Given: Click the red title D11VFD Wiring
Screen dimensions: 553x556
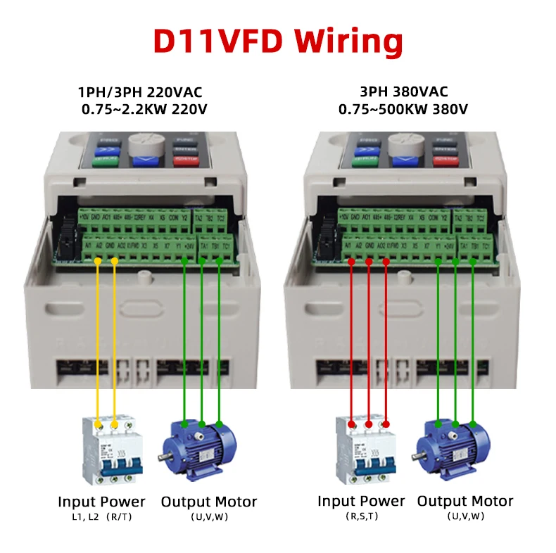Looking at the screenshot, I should (x=278, y=40).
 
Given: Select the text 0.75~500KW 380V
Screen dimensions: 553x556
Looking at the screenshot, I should (x=403, y=109).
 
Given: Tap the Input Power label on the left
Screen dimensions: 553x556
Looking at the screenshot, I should (x=101, y=502).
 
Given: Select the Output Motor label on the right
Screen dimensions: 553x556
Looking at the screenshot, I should (x=465, y=502).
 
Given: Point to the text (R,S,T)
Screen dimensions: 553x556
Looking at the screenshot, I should (x=361, y=517).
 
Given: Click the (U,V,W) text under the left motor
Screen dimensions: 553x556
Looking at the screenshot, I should (x=209, y=517).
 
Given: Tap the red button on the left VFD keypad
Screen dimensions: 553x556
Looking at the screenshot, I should (x=189, y=161).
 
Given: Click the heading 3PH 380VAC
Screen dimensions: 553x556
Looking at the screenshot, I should (x=403, y=92).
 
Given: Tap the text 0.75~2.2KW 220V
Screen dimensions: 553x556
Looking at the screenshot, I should (x=144, y=109).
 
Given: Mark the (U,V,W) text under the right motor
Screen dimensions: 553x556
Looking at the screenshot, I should (x=465, y=517).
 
